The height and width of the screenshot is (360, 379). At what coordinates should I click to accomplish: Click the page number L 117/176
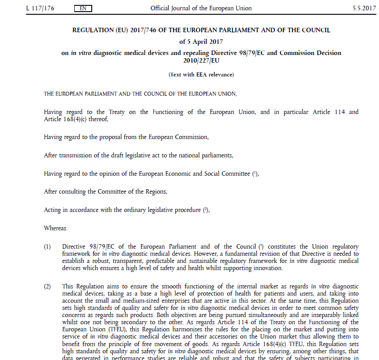[40, 8]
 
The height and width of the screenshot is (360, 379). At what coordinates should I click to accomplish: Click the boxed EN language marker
[83, 8]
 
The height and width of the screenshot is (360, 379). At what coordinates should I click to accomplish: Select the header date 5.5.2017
[364, 8]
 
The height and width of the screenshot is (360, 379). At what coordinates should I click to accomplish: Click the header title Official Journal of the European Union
[201, 8]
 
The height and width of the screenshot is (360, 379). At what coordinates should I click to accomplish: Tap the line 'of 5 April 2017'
[201, 42]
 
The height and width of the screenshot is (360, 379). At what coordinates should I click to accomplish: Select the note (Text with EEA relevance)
[201, 75]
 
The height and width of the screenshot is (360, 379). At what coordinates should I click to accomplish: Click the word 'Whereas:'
[55, 228]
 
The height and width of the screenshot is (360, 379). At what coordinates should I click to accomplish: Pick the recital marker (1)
[47, 247]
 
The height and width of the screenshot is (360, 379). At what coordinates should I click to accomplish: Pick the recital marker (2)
[47, 286]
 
